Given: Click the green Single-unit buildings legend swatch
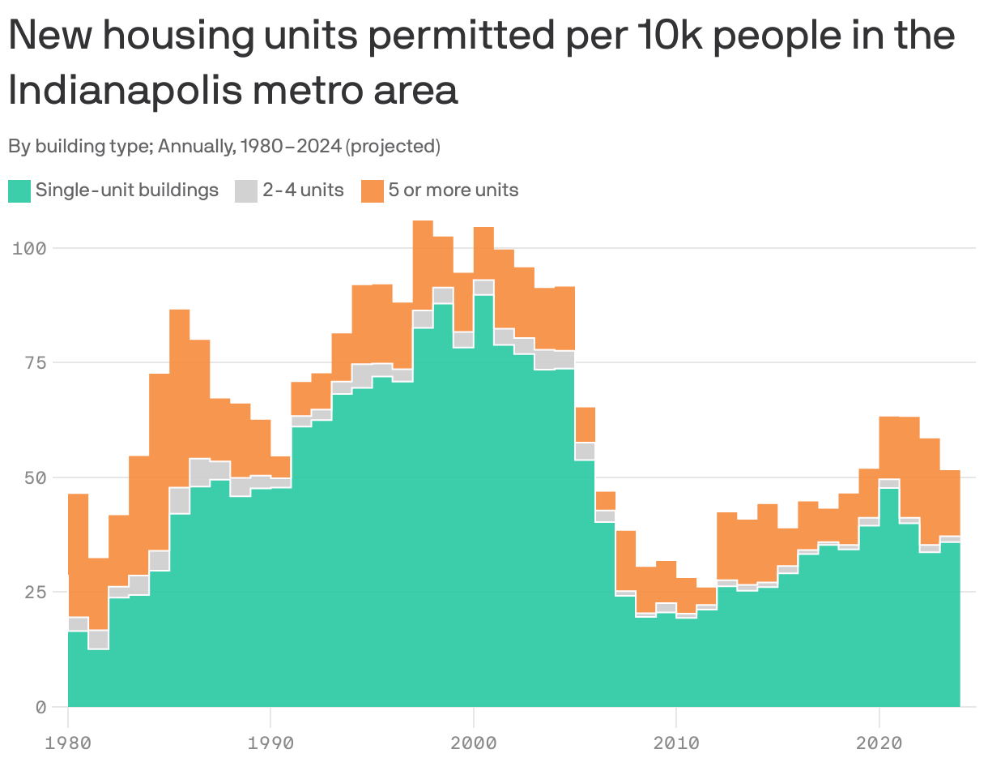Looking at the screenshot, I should (x=19, y=191).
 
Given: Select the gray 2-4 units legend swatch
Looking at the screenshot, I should (x=245, y=191).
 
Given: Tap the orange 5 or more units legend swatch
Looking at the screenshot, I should (x=372, y=191).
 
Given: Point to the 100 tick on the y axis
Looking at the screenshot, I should (x=29, y=248).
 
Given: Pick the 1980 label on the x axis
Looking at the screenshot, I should (x=68, y=741).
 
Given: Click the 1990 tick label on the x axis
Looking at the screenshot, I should (x=270, y=741).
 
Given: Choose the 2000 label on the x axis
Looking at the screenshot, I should (x=473, y=741).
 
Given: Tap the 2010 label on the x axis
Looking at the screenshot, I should (x=676, y=741).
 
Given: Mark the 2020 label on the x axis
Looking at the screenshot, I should (x=879, y=741).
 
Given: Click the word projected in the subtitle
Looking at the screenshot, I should (x=392, y=147).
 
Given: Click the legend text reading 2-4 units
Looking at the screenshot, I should (x=303, y=190).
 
